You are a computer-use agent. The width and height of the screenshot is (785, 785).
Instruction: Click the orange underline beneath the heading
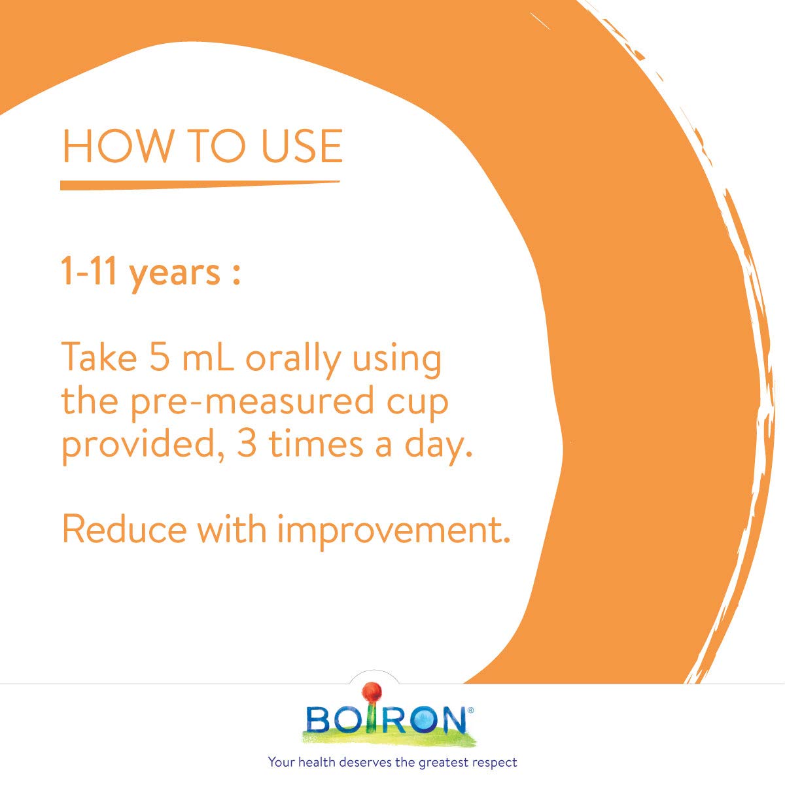point(200,184)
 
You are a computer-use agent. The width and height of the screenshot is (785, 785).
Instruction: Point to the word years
point(174,273)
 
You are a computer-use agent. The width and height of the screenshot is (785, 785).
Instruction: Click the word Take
point(99,358)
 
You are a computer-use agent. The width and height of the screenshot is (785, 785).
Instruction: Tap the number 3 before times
point(247,445)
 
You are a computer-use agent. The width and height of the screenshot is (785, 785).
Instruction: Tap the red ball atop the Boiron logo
point(372,691)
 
